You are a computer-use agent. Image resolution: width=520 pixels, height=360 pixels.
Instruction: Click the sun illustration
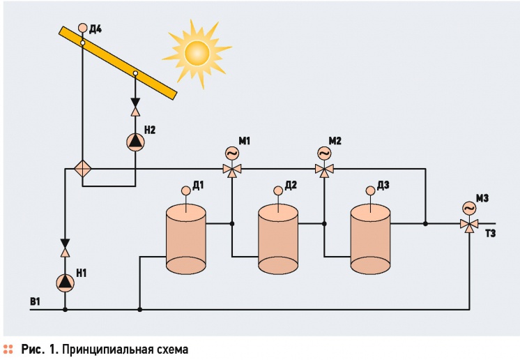(197, 54)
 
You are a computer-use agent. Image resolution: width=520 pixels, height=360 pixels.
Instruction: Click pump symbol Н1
(65, 283)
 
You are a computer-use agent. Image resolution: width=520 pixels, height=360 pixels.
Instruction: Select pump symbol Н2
(135, 142)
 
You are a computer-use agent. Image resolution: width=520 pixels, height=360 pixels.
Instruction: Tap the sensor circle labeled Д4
(82, 28)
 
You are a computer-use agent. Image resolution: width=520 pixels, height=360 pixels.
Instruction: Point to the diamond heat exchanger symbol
(82, 170)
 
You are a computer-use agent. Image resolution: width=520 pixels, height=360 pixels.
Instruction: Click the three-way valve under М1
(232, 170)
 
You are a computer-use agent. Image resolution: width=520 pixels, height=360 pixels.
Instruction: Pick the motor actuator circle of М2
(324, 153)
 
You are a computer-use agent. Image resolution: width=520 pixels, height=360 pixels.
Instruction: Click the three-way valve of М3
(469, 225)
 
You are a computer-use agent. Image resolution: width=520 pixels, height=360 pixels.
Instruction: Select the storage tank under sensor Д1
(185, 239)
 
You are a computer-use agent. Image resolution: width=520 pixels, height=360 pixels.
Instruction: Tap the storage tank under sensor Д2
(278, 239)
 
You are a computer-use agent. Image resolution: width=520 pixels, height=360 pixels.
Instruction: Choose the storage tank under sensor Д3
(370, 239)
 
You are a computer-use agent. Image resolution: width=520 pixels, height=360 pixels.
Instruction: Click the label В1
(35, 301)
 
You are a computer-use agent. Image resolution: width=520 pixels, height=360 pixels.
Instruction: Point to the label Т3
(491, 234)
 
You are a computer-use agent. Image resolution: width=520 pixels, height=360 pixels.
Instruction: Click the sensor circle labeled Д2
(278, 190)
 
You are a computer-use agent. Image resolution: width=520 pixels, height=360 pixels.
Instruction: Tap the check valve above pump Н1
(65, 248)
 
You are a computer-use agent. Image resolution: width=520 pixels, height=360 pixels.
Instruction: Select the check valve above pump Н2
(135, 107)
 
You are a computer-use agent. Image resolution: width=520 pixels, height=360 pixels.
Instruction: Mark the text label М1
(245, 141)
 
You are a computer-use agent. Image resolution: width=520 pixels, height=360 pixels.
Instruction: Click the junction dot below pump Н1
(65, 310)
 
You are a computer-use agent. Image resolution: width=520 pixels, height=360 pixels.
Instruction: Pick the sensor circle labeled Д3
(370, 190)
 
